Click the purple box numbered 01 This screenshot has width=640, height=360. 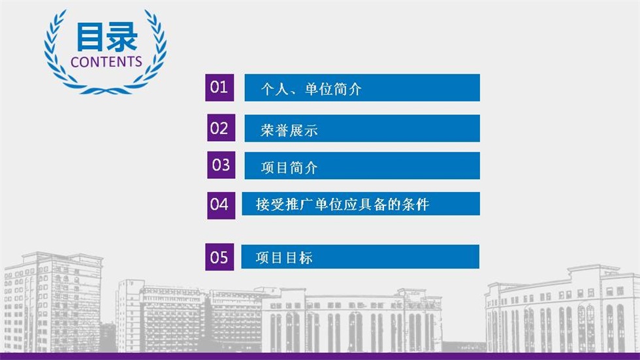[x=219, y=88]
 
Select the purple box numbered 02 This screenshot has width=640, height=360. [x=221, y=128]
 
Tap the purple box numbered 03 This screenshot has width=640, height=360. [x=221, y=165]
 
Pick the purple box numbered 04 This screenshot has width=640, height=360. [x=221, y=205]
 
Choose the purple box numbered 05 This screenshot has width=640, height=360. [x=219, y=257]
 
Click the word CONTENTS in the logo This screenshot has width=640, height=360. [x=106, y=62]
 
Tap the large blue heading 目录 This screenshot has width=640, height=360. [x=106, y=37]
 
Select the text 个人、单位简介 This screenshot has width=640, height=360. [x=311, y=89]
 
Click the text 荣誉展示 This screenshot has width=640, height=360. [x=289, y=130]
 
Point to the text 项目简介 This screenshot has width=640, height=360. [x=289, y=167]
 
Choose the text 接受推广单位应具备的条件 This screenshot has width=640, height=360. [x=342, y=204]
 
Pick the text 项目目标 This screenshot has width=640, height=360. [x=284, y=257]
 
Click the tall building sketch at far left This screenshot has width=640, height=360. [x=52, y=302]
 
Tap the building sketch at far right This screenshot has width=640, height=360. [x=562, y=309]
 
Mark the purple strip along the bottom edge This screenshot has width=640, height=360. [x=320, y=356]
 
